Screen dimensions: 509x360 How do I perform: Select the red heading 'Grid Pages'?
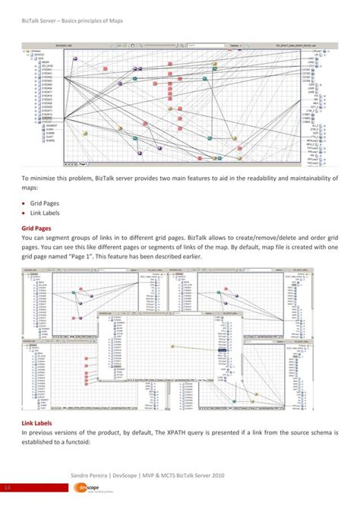[x=36, y=228]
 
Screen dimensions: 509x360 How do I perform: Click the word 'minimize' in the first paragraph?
[x=45, y=179]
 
